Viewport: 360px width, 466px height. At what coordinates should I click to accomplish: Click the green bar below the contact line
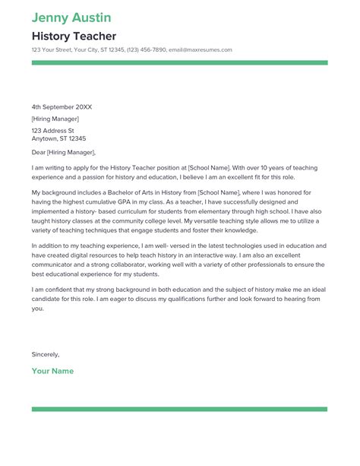coord(179,62)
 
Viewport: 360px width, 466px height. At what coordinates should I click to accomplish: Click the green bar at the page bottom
coord(179,410)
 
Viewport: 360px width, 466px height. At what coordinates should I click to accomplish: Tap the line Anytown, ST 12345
coord(58,139)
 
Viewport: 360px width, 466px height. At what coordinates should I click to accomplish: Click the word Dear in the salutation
coord(39,151)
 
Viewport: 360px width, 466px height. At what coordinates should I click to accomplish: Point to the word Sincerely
coord(46,354)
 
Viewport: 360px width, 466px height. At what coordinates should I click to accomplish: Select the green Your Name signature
coord(52,371)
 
